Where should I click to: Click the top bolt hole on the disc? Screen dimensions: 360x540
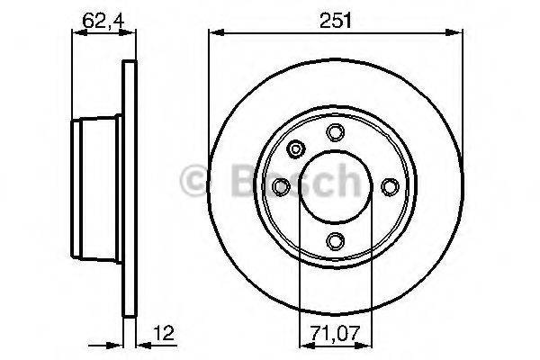click(336, 133)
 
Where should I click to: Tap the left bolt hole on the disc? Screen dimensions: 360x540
click(282, 187)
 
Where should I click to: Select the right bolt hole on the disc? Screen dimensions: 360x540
click(390, 187)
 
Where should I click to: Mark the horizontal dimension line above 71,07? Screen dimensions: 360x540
click(336, 342)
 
